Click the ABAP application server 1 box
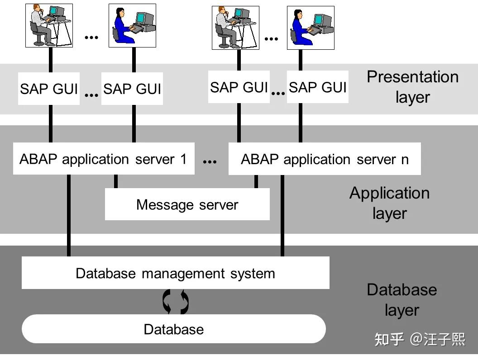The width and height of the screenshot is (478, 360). pyautogui.click(x=103, y=159)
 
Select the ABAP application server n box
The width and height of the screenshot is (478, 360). pyautogui.click(x=324, y=159)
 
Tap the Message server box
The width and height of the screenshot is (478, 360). pyautogui.click(x=187, y=204)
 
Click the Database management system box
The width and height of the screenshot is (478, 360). pyautogui.click(x=175, y=273)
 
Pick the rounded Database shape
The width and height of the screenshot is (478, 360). pyautogui.click(x=173, y=329)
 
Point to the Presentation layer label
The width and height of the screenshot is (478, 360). pyautogui.click(x=412, y=87)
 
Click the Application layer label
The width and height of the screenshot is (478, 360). pyautogui.click(x=389, y=203)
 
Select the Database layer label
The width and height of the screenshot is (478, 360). pyautogui.click(x=402, y=299)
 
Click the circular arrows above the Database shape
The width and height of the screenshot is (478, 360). pyautogui.click(x=175, y=302)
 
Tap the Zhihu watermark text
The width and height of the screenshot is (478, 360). pyautogui.click(x=419, y=339)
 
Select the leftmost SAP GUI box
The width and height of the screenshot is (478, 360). pyautogui.click(x=49, y=89)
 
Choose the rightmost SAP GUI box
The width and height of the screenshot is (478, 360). pyautogui.click(x=317, y=87)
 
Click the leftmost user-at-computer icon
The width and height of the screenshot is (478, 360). pyautogui.click(x=49, y=25)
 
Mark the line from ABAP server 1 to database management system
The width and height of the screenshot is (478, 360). pyautogui.click(x=69, y=215)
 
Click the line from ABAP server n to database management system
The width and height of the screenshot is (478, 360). pyautogui.click(x=282, y=215)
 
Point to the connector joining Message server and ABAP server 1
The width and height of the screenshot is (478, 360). pyautogui.click(x=116, y=181)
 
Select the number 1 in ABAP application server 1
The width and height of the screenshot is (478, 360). pyautogui.click(x=183, y=159)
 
